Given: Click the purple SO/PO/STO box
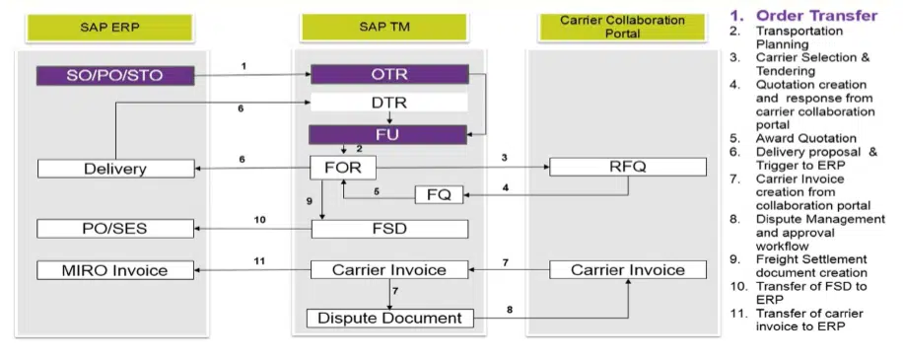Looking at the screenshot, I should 114,75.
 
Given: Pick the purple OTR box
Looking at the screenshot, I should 388,75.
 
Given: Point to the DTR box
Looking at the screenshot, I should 388,103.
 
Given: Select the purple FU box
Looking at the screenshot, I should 388,134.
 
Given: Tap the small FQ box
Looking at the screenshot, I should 438,194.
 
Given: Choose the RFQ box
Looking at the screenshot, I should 627,167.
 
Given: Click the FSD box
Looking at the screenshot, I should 388,229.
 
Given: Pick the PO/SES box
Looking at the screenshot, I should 114,229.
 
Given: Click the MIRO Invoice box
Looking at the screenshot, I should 114,269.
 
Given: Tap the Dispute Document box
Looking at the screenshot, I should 388,318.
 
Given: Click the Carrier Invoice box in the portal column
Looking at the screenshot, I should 627,269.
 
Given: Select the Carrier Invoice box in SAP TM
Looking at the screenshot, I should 388,269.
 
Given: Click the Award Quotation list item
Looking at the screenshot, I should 805,138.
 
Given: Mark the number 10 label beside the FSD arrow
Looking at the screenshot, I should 258,220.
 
